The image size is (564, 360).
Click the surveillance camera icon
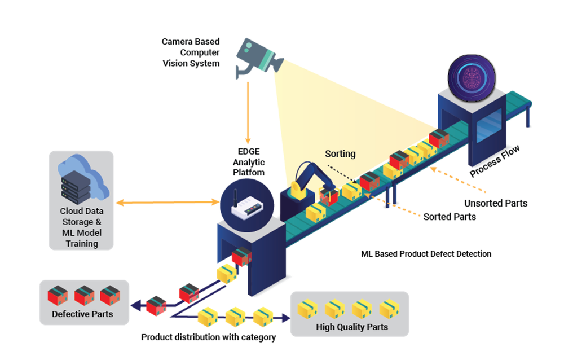pos(257,56)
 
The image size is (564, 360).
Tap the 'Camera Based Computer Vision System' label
pos(191,52)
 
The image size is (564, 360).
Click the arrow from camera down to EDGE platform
pos(247,113)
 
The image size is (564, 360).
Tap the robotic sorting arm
pos(307,181)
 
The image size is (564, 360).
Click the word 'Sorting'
pos(340,153)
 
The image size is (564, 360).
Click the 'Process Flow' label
pos(495,161)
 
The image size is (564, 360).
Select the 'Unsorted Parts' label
pos(495,203)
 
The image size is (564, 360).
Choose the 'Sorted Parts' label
pos(450,217)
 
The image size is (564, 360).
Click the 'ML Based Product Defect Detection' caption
pos(426,254)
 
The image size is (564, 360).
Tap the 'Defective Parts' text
pos(82,314)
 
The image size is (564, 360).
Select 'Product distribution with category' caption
pos(208,337)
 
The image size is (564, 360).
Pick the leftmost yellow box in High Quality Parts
pos(307,309)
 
